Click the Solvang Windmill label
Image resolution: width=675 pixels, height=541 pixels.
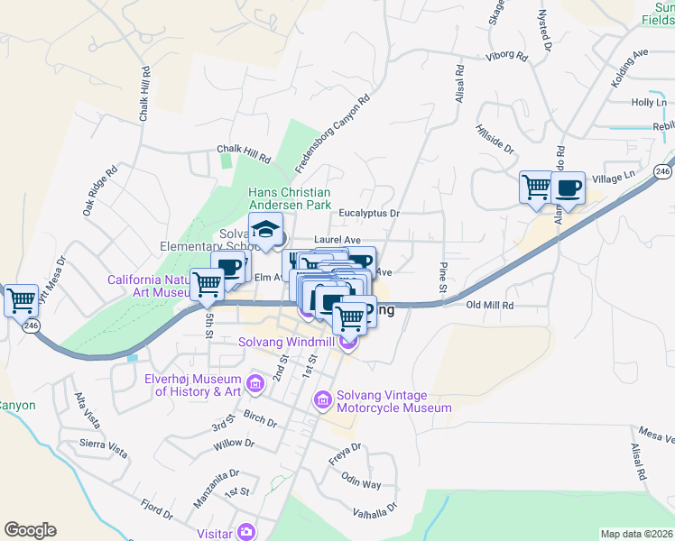(x=287, y=343)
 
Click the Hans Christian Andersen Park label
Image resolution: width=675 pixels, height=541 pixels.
(x=290, y=198)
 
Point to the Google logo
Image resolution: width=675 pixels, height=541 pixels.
(x=30, y=530)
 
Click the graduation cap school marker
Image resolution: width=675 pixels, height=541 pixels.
(x=266, y=231)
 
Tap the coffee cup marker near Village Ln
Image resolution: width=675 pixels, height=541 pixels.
(x=568, y=188)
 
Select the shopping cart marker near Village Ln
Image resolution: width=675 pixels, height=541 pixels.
(x=537, y=187)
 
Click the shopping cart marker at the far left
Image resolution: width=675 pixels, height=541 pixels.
(x=21, y=299)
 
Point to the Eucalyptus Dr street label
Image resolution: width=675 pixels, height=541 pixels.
(x=369, y=214)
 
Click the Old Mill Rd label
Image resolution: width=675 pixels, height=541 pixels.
(x=490, y=306)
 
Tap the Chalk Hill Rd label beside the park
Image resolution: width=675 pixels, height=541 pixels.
(x=243, y=152)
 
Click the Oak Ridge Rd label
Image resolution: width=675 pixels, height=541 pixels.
(x=99, y=189)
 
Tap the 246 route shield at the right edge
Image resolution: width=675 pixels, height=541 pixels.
(x=663, y=170)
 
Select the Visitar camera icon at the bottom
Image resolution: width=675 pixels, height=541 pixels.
(x=245, y=533)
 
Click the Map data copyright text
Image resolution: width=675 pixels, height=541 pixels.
(x=636, y=534)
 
